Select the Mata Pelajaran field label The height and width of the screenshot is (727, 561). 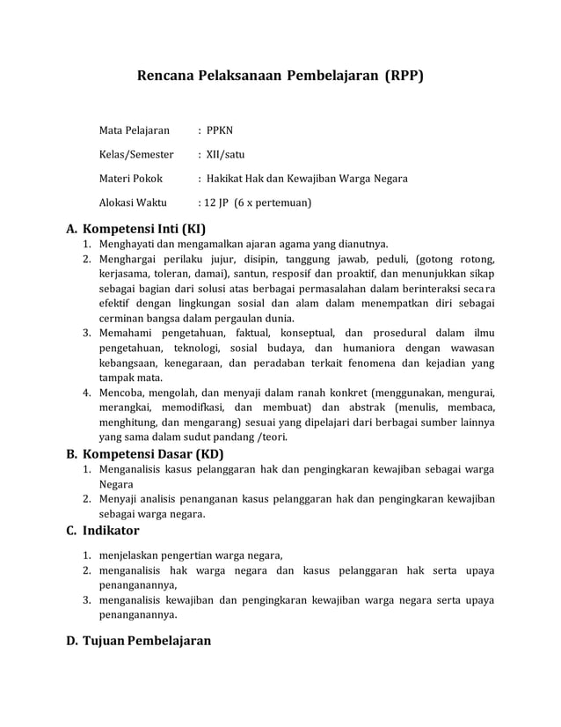tap(134, 131)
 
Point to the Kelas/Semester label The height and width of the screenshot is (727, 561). tap(136, 155)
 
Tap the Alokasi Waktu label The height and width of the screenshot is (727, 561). tap(133, 202)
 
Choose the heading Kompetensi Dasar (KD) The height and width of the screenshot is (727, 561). tap(152, 454)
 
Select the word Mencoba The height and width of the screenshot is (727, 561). tap(122, 393)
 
